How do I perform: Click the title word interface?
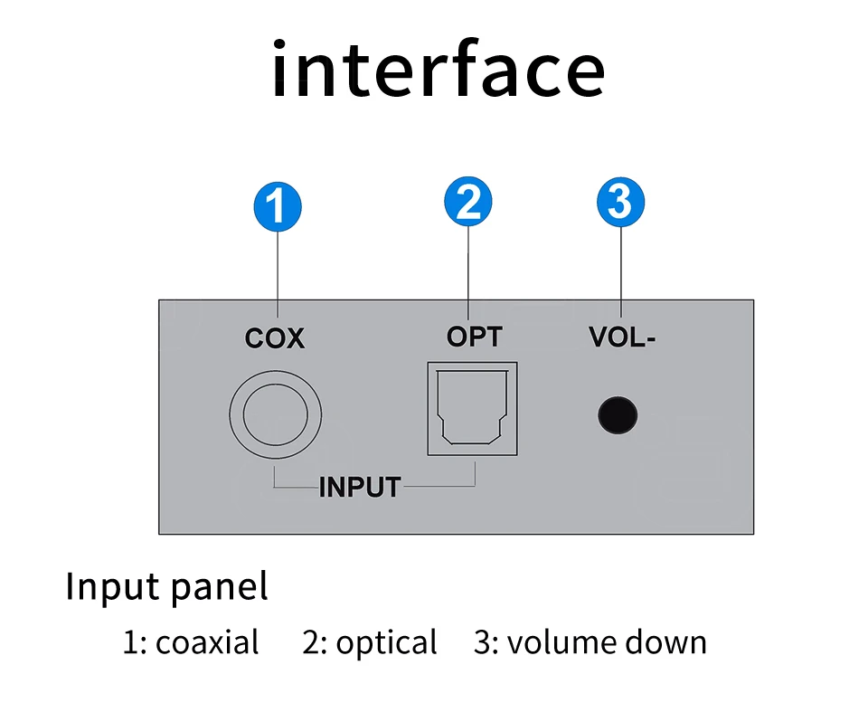(438, 71)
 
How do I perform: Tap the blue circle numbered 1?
(277, 206)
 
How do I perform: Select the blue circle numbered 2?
(468, 203)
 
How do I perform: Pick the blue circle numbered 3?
(621, 203)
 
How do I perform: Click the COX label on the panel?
(275, 339)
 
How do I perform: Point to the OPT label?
(474, 337)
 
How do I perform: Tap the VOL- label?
(622, 337)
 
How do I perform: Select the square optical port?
(472, 408)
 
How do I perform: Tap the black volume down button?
(618, 416)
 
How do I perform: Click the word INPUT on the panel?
(359, 487)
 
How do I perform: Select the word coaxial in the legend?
(207, 643)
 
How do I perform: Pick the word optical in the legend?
(386, 644)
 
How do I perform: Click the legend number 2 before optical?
(311, 643)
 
